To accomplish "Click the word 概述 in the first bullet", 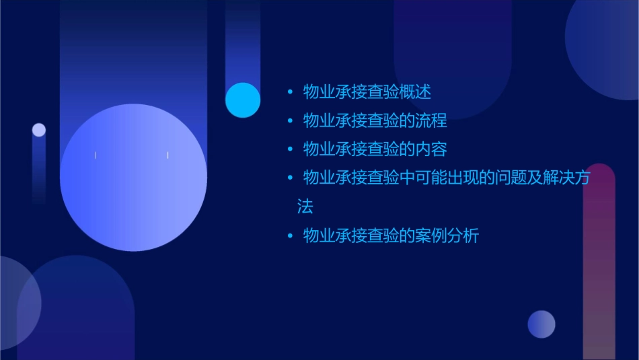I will click(x=416, y=92).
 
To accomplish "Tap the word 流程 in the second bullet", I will click(x=431, y=121).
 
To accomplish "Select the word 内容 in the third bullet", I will click(x=431, y=149).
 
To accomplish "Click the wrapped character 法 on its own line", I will click(x=305, y=207).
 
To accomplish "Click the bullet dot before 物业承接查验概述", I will click(x=290, y=92).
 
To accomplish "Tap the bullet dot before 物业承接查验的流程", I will click(x=290, y=121).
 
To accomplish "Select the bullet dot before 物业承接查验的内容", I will click(x=290, y=149).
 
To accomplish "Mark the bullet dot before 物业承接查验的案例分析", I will click(x=290, y=236).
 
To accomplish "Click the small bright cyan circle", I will click(x=243, y=100).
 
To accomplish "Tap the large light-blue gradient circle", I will click(x=133, y=177).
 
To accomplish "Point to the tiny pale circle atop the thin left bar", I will click(x=39, y=130).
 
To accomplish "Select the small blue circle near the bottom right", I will click(x=541, y=324).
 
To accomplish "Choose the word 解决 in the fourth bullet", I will click(x=560, y=178).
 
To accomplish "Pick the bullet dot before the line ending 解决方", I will click(x=290, y=178).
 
